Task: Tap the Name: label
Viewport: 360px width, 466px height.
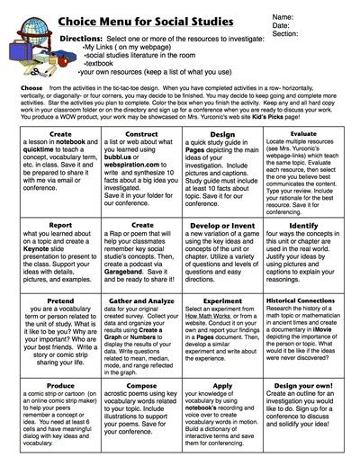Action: point(307,17)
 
